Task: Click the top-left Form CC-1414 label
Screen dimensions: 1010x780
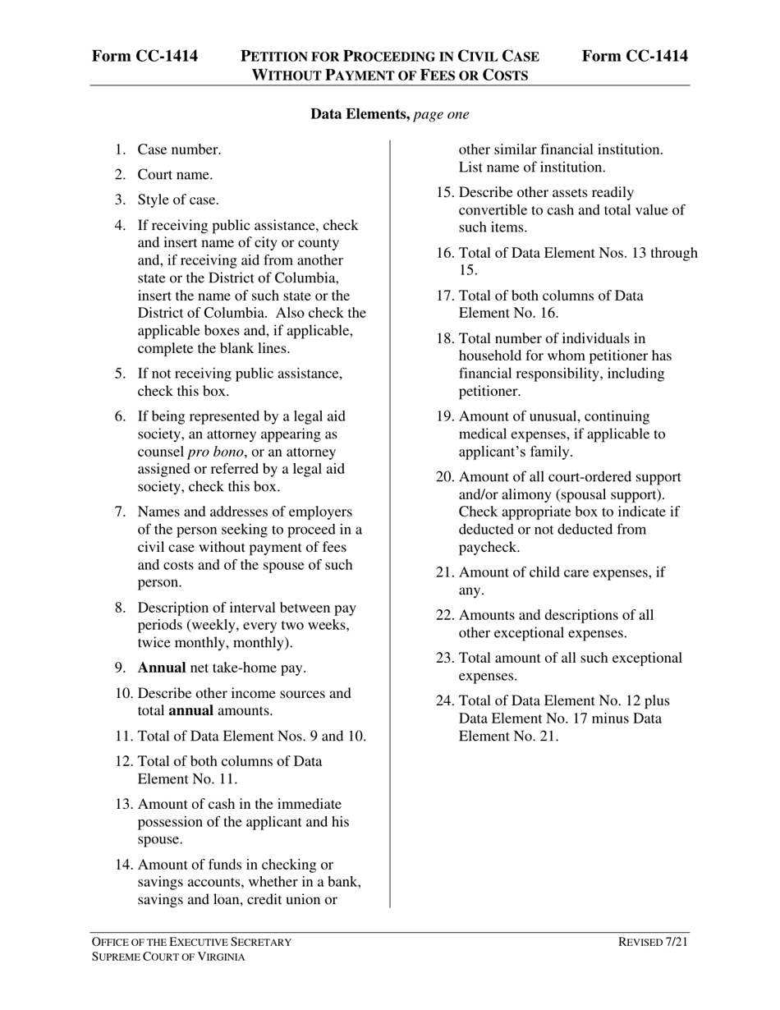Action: click(x=145, y=56)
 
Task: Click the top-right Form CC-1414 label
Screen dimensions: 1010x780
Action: click(x=635, y=56)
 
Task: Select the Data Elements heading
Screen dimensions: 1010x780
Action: click(x=360, y=114)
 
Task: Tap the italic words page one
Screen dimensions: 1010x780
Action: click(x=442, y=114)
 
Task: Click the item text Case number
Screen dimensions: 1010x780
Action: click(x=179, y=149)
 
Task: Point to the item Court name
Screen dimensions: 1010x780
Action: click(x=175, y=174)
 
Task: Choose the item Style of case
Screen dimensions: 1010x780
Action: click(x=178, y=200)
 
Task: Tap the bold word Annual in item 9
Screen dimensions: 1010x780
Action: click(x=162, y=668)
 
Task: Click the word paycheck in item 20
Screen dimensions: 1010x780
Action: click(x=489, y=547)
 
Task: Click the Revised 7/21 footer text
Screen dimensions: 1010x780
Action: click(x=653, y=943)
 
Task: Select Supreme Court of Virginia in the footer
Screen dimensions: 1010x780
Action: click(x=167, y=957)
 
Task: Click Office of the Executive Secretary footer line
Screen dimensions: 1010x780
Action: click(x=190, y=943)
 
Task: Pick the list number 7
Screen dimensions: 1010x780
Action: click(x=120, y=512)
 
